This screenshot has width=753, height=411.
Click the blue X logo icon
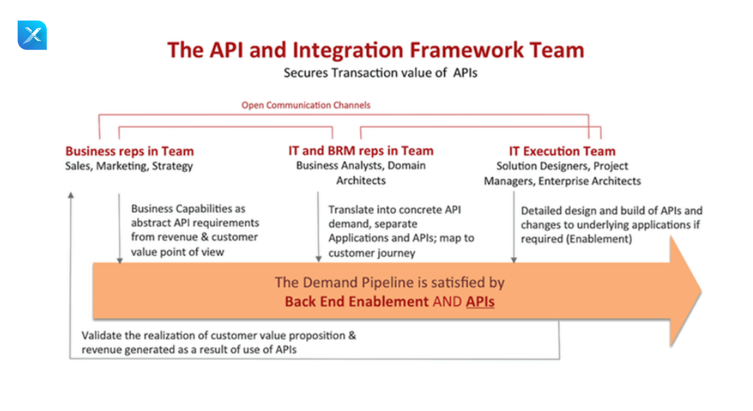pos(32,35)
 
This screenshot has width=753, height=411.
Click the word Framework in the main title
pos(466,50)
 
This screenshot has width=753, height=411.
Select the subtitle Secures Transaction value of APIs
pos(381,73)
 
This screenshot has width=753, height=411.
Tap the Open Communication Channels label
pos(306,105)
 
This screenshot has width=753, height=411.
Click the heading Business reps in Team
pos(129,151)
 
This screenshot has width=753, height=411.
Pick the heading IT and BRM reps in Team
pos(361,151)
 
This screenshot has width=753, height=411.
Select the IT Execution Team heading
pos(562,151)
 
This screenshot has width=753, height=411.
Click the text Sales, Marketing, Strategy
pos(129,166)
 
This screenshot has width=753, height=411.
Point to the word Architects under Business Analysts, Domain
pos(361,181)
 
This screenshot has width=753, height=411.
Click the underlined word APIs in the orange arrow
pos(481,301)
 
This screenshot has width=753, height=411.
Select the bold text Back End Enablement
pos(357,301)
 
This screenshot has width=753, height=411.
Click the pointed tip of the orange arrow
pos(701,291)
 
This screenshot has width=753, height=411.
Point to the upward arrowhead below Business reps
pos(71,195)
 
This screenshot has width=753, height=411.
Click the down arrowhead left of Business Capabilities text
pos(120,260)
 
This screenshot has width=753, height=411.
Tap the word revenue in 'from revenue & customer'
pos(171,237)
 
